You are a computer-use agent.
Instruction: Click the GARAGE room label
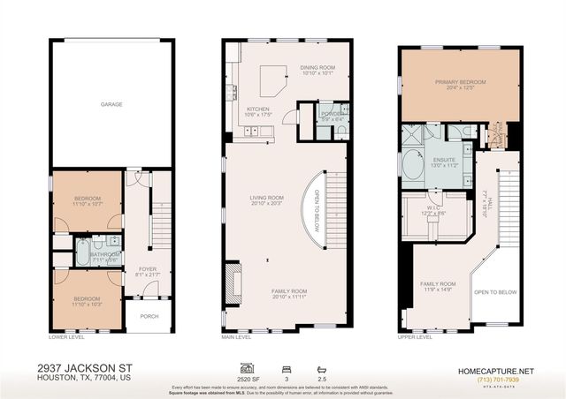[x=111, y=104]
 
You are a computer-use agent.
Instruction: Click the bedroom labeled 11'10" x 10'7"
[x=87, y=199]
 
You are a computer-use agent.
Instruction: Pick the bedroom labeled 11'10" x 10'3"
[x=87, y=301]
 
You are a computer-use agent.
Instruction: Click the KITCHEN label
[x=256, y=110]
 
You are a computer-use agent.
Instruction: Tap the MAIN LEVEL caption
[x=237, y=337]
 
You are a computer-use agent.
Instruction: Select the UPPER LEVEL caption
[x=415, y=337]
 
